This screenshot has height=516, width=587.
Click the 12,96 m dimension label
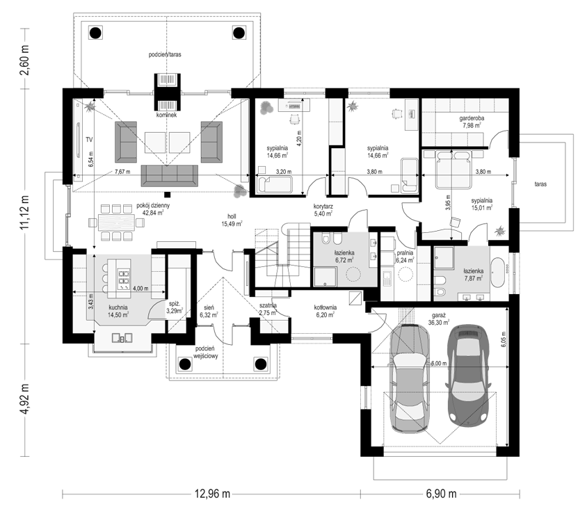click(x=212, y=494)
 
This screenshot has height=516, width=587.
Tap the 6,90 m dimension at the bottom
click(x=441, y=494)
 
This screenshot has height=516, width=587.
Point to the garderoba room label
click(x=472, y=119)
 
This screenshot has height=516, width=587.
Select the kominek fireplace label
click(x=167, y=115)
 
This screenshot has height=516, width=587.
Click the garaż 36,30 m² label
click(x=439, y=319)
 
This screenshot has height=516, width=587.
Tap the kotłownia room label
click(x=325, y=307)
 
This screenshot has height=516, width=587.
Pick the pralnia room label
click(x=405, y=253)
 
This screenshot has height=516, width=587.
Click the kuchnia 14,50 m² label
click(x=118, y=312)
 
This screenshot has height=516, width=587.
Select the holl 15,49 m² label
click(x=232, y=220)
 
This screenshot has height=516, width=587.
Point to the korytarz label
click(x=323, y=206)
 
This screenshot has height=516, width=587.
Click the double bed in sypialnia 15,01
click(x=453, y=169)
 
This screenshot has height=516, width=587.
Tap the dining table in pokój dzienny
click(x=116, y=223)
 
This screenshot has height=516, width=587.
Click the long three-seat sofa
click(x=169, y=175)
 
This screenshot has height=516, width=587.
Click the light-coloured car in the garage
click(x=409, y=379)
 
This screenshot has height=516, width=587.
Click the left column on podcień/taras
click(x=95, y=33)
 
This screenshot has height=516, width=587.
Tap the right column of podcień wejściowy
click(x=261, y=364)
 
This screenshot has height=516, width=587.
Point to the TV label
click(x=89, y=140)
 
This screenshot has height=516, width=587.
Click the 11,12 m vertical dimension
click(x=25, y=216)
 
